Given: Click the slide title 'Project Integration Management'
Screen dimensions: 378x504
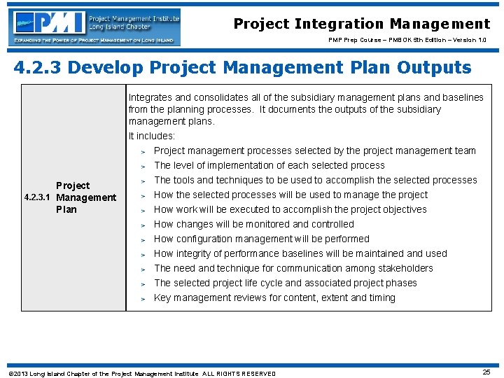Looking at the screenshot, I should pos(361,24).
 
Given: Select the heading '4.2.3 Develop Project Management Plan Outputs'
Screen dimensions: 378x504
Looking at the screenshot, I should pos(243,68).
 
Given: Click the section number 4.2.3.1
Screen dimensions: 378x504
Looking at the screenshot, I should pos(38,198).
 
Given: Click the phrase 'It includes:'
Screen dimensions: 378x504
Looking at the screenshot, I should pos(152,136).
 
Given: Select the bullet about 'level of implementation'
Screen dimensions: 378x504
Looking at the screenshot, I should pos(269,165).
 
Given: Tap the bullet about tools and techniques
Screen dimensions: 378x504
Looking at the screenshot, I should pos(315,180).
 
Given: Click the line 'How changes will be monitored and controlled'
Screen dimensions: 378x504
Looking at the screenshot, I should pos(253,224).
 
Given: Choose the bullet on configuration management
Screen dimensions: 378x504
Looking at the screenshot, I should pos(261,239).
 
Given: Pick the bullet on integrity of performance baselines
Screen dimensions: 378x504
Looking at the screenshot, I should pos(300,253).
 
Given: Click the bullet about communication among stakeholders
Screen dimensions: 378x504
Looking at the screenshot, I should pos(293,268).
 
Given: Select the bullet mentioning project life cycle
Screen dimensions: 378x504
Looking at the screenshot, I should pos(285,283).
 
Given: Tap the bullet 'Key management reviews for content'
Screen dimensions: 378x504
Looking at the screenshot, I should pos(274,297).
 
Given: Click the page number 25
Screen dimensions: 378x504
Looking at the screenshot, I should pos(486,372).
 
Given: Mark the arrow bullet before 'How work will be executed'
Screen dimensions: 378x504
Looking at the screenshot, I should pos(142,210).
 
